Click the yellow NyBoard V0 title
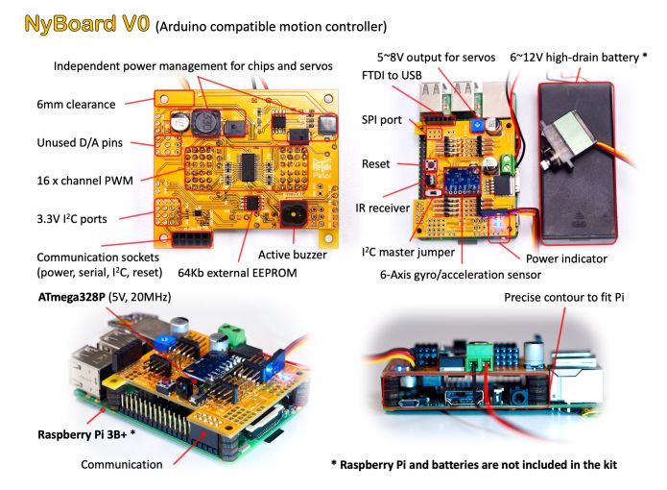click(x=87, y=24)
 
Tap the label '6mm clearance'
click(x=76, y=105)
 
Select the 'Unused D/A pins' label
click(x=80, y=142)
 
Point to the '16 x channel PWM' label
click(x=85, y=181)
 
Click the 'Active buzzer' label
click(x=293, y=255)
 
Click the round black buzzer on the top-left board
click(x=294, y=214)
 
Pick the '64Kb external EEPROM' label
click(x=237, y=273)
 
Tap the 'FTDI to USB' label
click(x=392, y=75)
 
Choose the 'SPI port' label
click(x=382, y=120)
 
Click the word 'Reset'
click(x=375, y=164)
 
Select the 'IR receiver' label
click(x=382, y=208)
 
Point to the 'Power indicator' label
click(x=566, y=258)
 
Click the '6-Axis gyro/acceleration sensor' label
click(x=461, y=275)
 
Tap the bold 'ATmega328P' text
click(x=71, y=297)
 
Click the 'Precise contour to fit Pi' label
click(x=564, y=297)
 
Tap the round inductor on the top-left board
click(x=206, y=122)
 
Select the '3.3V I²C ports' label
click(x=71, y=219)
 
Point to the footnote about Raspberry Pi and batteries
click(x=474, y=464)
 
